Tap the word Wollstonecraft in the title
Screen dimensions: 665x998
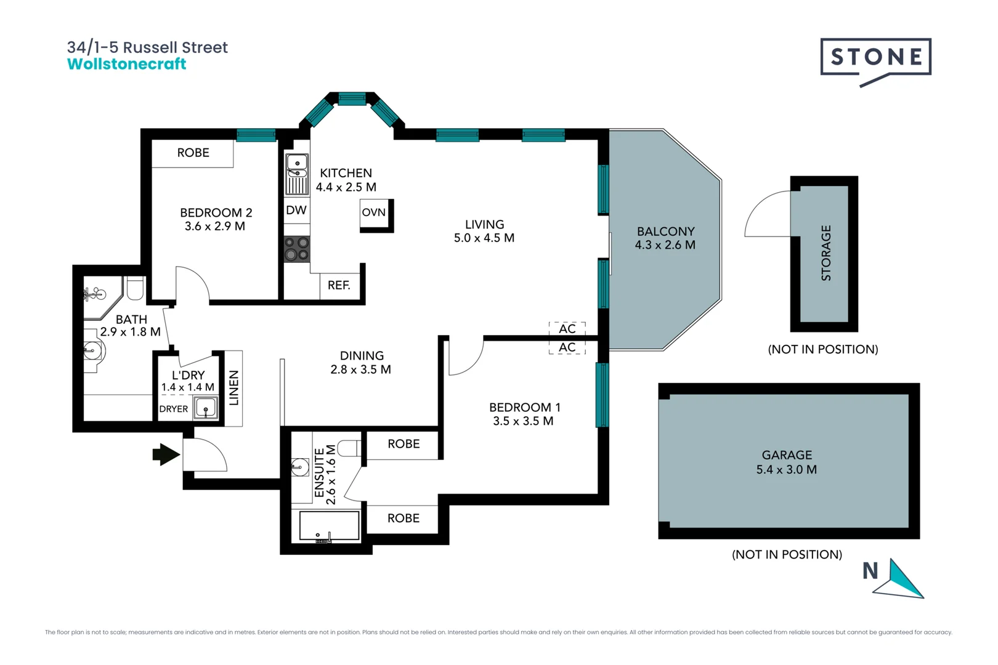click(x=126, y=64)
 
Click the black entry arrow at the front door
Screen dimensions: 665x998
click(x=165, y=455)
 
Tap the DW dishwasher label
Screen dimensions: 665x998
click(x=296, y=211)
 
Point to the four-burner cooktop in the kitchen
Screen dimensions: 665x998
click(x=297, y=249)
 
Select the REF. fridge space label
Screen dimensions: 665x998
click(x=339, y=286)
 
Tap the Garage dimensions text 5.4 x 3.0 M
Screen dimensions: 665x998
click(x=787, y=470)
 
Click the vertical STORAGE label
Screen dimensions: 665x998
click(x=826, y=253)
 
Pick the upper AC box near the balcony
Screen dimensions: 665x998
click(x=567, y=329)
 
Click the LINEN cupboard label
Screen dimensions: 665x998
click(x=234, y=388)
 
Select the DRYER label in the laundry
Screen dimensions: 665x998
click(x=174, y=409)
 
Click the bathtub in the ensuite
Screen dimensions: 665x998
click(x=329, y=526)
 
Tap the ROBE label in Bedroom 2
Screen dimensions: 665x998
click(x=193, y=153)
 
